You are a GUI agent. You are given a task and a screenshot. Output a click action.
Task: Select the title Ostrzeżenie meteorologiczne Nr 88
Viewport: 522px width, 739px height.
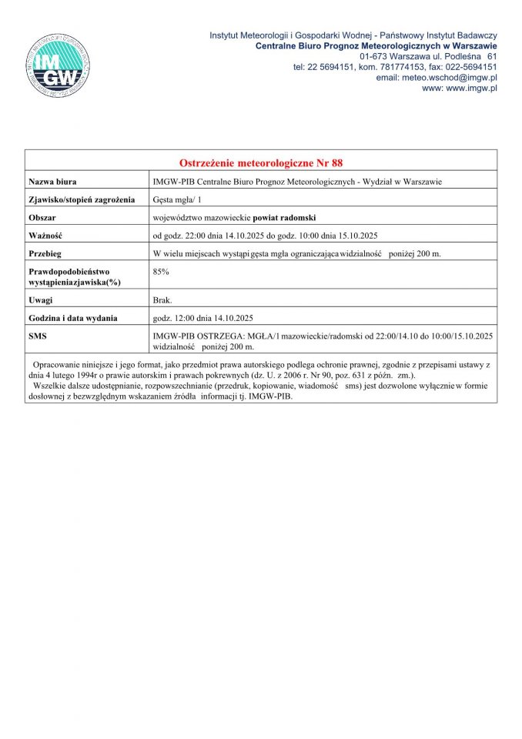click(261, 163)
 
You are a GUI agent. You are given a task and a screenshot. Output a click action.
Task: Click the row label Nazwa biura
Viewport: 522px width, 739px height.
click(52, 182)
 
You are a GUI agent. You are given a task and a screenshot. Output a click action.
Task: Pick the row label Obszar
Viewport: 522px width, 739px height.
click(43, 218)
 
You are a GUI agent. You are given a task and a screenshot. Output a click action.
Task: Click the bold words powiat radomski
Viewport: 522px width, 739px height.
click(289, 218)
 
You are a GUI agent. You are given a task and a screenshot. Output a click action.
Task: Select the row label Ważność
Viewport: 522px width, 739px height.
click(45, 236)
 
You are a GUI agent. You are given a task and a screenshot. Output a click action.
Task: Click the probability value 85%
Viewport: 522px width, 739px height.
click(162, 272)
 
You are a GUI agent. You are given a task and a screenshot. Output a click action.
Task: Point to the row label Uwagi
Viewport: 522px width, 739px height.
click(42, 299)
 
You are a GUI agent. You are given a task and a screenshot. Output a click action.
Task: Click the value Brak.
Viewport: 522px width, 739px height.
click(162, 299)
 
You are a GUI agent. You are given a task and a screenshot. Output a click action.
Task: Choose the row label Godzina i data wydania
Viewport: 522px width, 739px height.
click(73, 318)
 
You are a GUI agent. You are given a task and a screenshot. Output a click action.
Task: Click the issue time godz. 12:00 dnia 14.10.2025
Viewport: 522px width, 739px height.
click(203, 318)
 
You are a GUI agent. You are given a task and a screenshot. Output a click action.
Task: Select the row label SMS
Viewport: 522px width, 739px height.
click(38, 336)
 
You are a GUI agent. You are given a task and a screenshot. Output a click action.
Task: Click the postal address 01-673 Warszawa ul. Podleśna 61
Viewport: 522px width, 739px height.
click(428, 56)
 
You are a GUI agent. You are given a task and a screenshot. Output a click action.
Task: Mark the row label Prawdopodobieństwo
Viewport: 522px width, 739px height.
click(70, 272)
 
